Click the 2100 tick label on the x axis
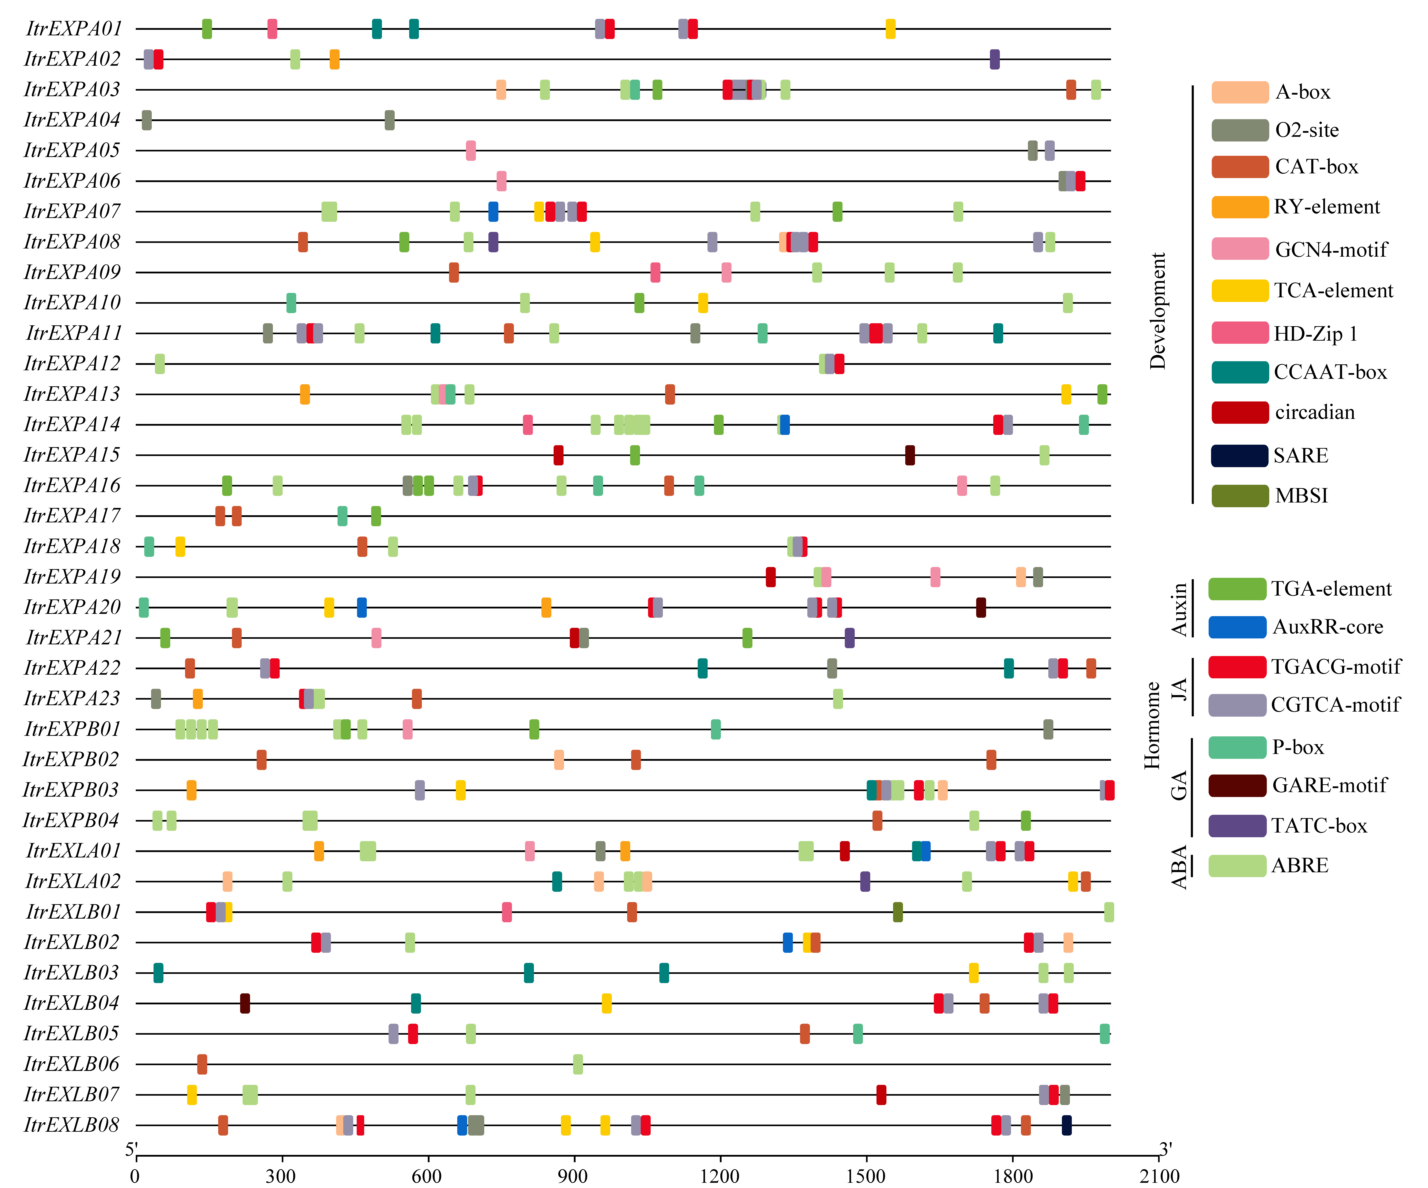click(x=1159, y=1175)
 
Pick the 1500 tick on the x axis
click(x=866, y=1175)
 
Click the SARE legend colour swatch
click(x=1239, y=456)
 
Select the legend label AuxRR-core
click(x=1327, y=627)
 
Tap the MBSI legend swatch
click(x=1239, y=496)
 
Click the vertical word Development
click(x=1157, y=311)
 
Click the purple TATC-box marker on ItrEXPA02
click(x=994, y=59)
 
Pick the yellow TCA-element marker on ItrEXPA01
click(x=890, y=29)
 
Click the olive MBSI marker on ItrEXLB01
click(x=898, y=912)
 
